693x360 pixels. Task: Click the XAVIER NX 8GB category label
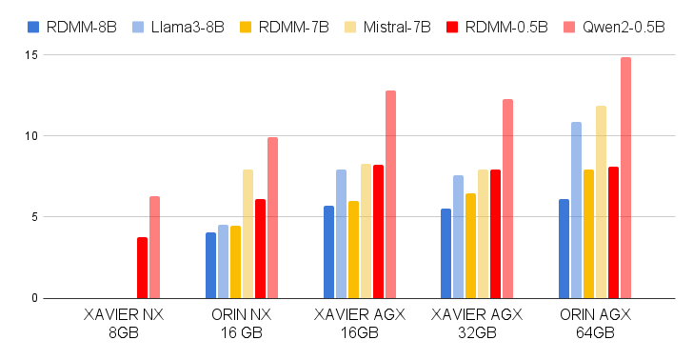pyautogui.click(x=124, y=322)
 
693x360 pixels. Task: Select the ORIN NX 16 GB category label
pyautogui.click(x=242, y=322)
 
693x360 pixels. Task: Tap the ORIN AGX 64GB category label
pyautogui.click(x=595, y=322)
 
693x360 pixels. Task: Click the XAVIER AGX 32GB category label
pyautogui.click(x=477, y=322)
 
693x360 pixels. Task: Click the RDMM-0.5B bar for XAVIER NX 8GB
pyautogui.click(x=142, y=268)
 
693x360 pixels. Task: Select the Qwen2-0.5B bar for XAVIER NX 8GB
pyautogui.click(x=154, y=247)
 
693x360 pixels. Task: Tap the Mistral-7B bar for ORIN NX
pyautogui.click(x=247, y=233)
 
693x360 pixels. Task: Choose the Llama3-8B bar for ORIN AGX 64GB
pyautogui.click(x=576, y=210)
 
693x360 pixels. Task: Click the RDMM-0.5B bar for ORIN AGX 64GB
pyautogui.click(x=613, y=232)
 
